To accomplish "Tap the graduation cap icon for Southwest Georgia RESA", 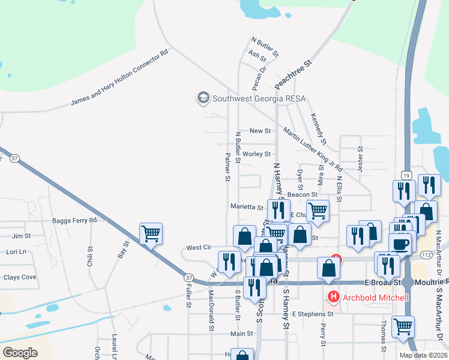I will (203, 97).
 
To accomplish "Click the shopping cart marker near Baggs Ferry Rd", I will (151, 233).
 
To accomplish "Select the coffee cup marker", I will (400, 244).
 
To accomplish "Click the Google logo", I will (20, 353).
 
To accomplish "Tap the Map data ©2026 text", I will (423, 355).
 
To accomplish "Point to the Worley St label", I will (257, 154).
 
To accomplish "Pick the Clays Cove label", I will (20, 277).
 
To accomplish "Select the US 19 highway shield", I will (406, 176).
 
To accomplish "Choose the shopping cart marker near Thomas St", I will (402, 326).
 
